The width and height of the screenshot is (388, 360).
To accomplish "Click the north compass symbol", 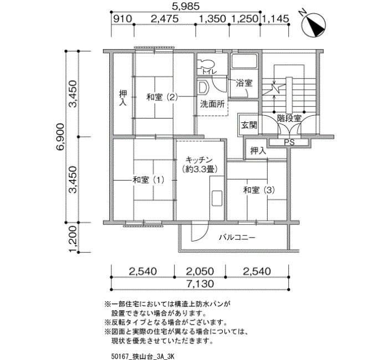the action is (313, 24).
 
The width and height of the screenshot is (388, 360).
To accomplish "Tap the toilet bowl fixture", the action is (206, 64).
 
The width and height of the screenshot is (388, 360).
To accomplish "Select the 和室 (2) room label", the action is (162, 97).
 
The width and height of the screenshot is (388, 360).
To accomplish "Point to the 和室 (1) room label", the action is (149, 180).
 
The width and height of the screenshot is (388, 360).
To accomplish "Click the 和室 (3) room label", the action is (259, 190).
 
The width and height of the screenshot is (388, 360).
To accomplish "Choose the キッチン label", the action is (199, 160).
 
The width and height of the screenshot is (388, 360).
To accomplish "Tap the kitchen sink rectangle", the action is (217, 198).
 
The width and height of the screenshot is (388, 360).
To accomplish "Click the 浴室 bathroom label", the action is (244, 83).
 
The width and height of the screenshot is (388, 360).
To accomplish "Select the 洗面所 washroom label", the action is (212, 104).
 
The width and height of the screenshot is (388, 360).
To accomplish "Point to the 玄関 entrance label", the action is (249, 125).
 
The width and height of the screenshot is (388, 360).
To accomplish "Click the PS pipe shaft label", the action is (289, 143).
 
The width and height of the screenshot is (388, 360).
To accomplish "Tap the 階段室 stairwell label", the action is (289, 119).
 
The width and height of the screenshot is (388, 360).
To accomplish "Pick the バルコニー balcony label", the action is (237, 238).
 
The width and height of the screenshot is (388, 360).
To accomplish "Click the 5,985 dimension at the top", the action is (186, 6).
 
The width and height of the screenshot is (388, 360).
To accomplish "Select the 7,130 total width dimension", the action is (200, 284).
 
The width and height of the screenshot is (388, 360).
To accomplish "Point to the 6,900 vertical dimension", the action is (60, 136).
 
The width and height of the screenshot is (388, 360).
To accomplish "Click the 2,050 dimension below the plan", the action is (200, 271).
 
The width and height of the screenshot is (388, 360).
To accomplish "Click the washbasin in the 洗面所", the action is (203, 88).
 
